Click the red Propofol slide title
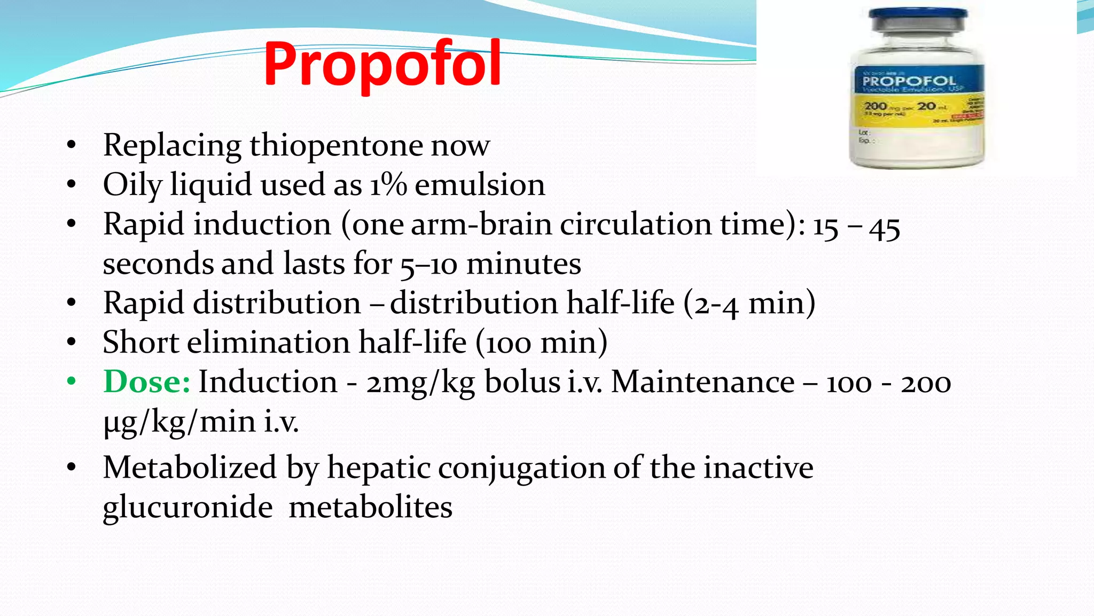tap(382, 64)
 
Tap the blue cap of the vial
tap(918, 19)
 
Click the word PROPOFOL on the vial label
tap(909, 81)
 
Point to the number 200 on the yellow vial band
tap(876, 106)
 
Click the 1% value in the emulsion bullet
tap(388, 185)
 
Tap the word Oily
tap(132, 185)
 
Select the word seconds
tap(158, 264)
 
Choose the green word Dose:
tap(147, 382)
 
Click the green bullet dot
tap(72, 382)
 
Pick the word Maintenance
tap(702, 382)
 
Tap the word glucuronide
tap(187, 507)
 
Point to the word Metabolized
tap(190, 467)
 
